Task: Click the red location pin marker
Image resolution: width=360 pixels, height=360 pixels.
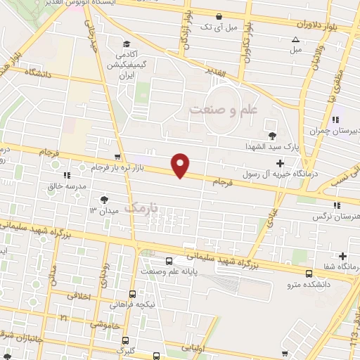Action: pyautogui.click(x=181, y=165)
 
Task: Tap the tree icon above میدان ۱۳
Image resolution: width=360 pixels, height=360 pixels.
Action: pyautogui.click(x=105, y=199)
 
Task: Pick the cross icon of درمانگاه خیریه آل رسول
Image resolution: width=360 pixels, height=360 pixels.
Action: pyautogui.click(x=281, y=163)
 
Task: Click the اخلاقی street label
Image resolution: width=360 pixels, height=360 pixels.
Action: pyautogui.click(x=79, y=297)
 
